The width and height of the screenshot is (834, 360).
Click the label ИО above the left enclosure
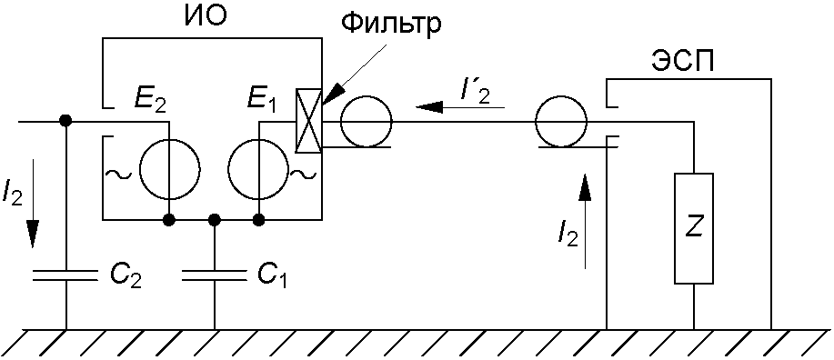pos(206,18)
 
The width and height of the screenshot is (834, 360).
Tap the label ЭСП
pos(683,64)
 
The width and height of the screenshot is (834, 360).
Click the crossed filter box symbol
pos(308,121)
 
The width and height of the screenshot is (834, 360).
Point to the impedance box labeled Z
pos(694,228)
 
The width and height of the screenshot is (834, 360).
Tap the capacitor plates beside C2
pos(66,275)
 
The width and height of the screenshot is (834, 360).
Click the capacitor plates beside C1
pos(215,275)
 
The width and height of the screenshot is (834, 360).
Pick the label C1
pos(272,275)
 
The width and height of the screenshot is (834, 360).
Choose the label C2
pos(126,275)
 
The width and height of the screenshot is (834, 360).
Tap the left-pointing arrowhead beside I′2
pos(427,107)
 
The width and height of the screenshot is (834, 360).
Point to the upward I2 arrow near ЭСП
pos(585,220)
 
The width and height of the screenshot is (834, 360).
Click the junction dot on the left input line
pos(66,121)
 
